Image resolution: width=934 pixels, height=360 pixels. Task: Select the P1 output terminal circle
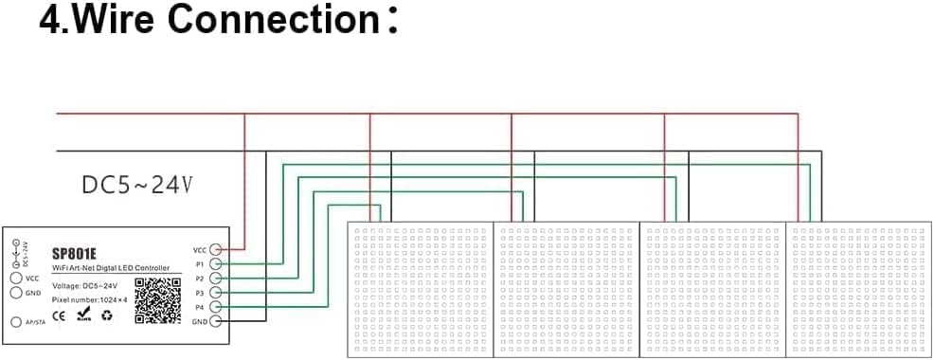(215, 264)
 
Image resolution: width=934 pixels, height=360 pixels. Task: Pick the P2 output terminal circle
(215, 279)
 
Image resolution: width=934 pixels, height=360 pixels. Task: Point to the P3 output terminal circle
(215, 294)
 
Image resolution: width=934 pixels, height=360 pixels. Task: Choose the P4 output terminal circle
(215, 308)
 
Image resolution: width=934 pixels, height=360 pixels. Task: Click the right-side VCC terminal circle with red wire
(215, 250)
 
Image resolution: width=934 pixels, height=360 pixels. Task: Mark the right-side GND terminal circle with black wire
(215, 322)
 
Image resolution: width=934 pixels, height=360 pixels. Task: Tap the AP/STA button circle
(15, 322)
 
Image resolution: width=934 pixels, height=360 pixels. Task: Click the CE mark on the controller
(59, 315)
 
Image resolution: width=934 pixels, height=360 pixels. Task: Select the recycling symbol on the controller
(106, 315)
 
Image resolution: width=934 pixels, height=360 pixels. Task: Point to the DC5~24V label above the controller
(136, 186)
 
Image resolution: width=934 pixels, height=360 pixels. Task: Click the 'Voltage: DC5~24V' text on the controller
(84, 285)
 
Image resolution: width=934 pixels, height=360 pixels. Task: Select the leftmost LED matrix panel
(422, 289)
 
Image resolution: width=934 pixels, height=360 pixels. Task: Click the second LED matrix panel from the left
(567, 289)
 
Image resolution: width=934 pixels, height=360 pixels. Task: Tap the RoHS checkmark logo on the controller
(82, 315)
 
